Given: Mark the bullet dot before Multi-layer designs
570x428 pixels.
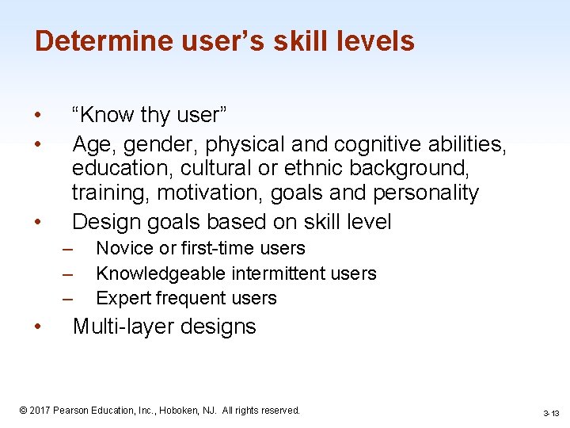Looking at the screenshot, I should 39,327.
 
